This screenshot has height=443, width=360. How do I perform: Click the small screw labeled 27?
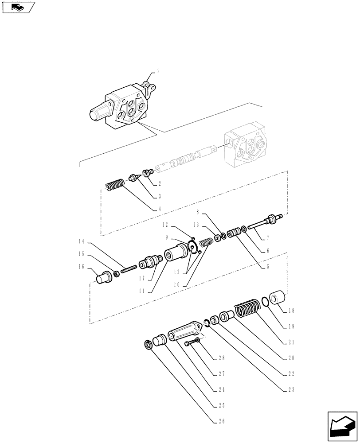click(187, 343)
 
